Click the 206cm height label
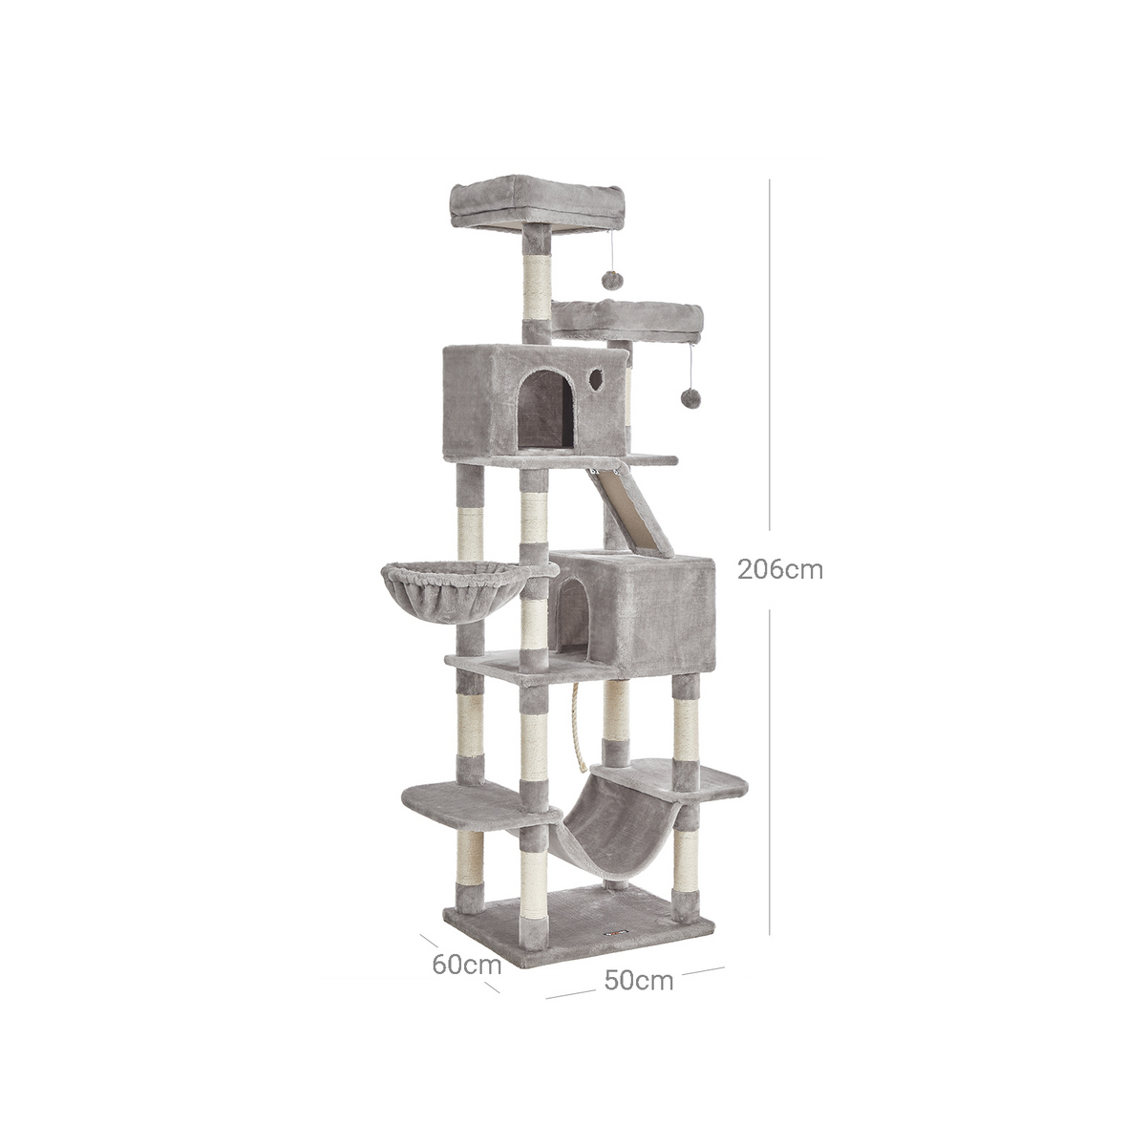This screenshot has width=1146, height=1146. [x=779, y=570]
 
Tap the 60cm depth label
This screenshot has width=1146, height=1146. [x=467, y=965]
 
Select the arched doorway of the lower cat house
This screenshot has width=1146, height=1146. [x=571, y=619]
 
